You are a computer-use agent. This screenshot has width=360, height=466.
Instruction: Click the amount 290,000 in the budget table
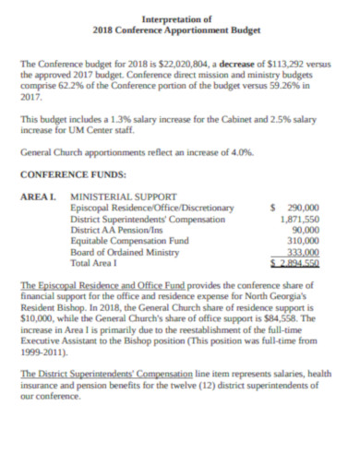click(x=304, y=209)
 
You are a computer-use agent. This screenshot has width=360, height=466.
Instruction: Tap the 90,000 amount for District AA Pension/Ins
click(x=306, y=230)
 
